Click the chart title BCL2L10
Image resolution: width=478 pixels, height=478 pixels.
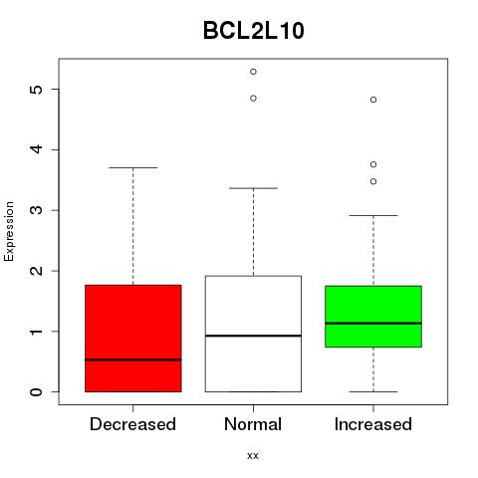tap(254, 31)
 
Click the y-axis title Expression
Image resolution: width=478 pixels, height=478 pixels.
tap(9, 231)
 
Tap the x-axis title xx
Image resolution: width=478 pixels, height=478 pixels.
tap(253, 455)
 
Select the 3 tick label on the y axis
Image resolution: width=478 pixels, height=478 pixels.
tap(37, 210)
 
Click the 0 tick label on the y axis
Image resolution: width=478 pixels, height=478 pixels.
tap(37, 391)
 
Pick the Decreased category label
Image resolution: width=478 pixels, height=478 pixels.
tap(132, 424)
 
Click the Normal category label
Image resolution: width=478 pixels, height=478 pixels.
tap(253, 424)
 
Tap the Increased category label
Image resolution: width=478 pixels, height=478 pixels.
tap(373, 424)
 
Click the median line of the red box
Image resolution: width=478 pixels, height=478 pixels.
tap(133, 359)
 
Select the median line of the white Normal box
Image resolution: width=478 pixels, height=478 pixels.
tap(253, 336)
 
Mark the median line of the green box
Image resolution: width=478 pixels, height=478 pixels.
tap(373, 323)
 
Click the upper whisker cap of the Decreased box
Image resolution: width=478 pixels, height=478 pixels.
tap(133, 167)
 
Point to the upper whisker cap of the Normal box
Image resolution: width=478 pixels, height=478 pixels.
tap(253, 188)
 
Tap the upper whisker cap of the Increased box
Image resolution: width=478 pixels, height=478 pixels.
tap(373, 215)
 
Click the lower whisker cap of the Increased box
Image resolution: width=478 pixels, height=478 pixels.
tap(373, 391)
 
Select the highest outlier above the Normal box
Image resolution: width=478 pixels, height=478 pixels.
tap(253, 72)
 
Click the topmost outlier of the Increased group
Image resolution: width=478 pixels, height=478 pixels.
tap(373, 100)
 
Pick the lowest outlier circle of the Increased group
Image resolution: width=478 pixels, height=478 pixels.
tap(373, 181)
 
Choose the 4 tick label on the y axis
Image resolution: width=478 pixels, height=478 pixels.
tap(37, 149)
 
